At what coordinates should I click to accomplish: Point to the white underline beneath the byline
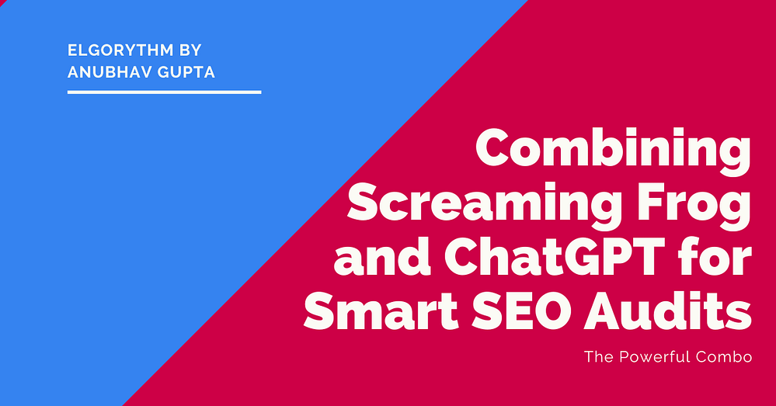tap(164, 92)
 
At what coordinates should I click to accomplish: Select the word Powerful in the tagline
tap(658, 358)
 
